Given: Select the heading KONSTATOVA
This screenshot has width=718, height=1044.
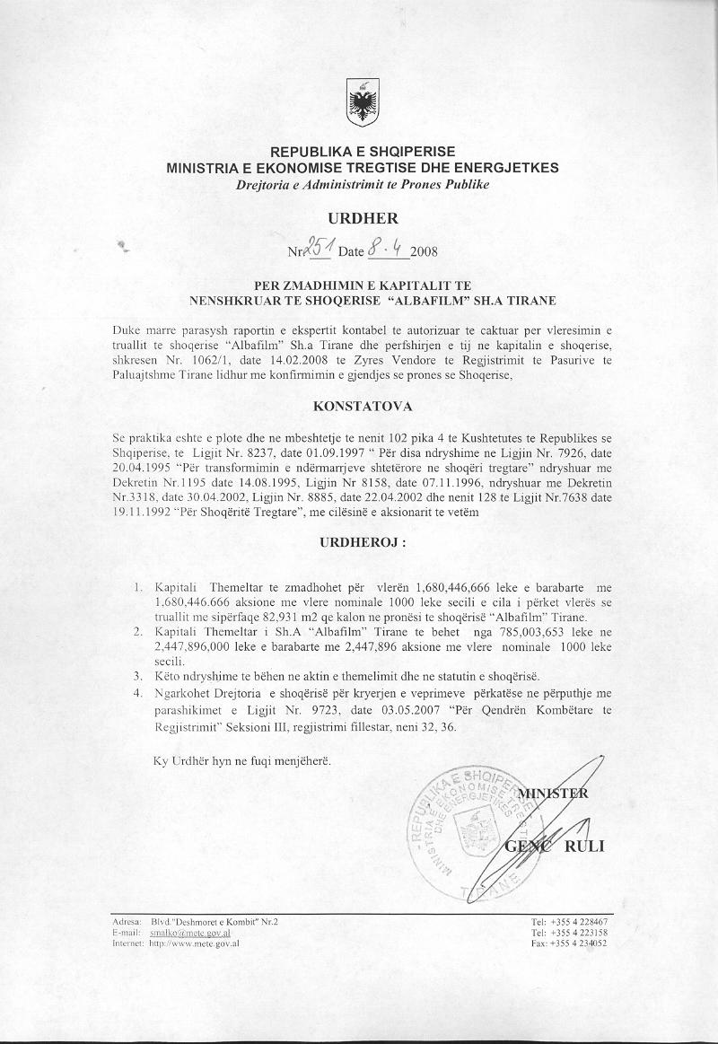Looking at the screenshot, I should [363, 406].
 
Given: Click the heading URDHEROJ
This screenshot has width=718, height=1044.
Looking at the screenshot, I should [363, 543].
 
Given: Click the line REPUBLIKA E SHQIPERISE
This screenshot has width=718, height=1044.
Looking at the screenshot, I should [363, 152].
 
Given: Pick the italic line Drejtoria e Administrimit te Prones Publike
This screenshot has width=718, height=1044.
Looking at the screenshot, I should [363, 185].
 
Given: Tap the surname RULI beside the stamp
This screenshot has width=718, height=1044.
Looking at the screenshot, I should [584, 847].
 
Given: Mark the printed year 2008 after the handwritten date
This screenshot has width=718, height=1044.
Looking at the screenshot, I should [425, 251].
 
